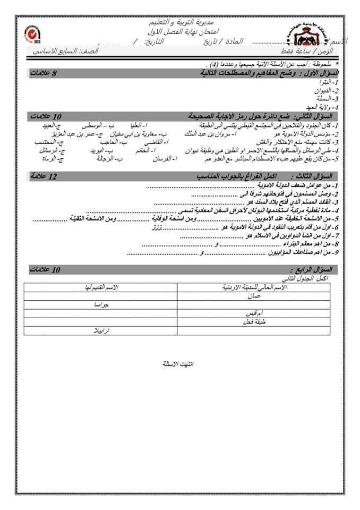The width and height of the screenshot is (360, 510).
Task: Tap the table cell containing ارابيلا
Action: coord(99,329)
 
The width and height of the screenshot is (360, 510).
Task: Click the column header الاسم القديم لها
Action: coord(98,287)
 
